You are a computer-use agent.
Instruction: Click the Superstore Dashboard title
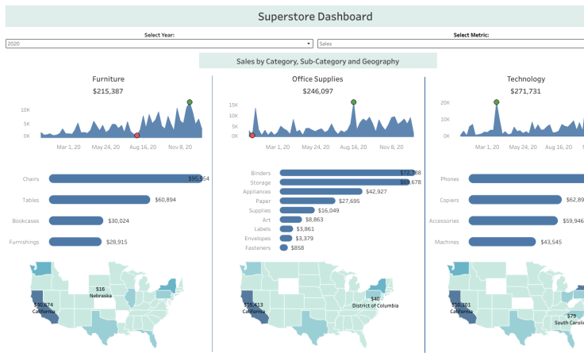pos(315,17)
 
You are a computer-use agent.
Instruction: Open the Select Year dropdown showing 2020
pos(159,44)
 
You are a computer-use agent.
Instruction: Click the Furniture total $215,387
pos(108,92)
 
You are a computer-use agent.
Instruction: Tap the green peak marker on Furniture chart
pos(190,102)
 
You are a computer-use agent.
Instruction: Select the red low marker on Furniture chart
pos(137,136)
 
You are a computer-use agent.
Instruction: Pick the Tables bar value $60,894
pos(165,200)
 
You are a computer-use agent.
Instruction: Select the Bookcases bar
pos(76,220)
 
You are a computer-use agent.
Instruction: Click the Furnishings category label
pos(24,242)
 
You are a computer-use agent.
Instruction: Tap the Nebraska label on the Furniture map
pos(100,296)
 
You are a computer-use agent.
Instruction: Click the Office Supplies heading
pos(318,79)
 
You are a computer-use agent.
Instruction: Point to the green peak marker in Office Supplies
pos(354,102)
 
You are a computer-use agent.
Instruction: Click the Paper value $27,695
pos(344,201)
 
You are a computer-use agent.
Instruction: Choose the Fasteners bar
pos(283,248)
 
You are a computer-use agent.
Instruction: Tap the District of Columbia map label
pos(375,305)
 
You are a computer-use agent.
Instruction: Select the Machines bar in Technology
pos(502,242)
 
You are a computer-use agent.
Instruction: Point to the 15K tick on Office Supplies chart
pos(233,105)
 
